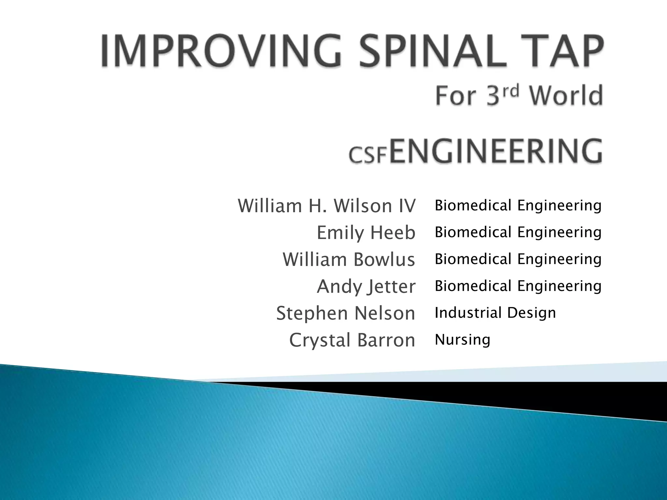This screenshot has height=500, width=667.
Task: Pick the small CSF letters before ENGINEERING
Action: [x=368, y=155]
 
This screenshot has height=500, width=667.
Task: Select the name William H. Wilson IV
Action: [x=327, y=206]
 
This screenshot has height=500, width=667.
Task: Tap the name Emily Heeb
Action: [x=366, y=233]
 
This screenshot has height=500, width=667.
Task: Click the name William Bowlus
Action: [x=349, y=259]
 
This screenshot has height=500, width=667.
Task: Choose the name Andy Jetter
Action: [x=366, y=286]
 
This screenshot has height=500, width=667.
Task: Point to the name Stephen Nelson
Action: [x=346, y=313]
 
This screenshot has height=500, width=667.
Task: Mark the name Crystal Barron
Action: [x=352, y=340]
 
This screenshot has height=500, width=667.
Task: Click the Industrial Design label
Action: [x=495, y=313]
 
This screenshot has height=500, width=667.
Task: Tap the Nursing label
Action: [x=462, y=340]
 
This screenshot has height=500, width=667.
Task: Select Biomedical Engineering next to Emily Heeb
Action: [x=518, y=232]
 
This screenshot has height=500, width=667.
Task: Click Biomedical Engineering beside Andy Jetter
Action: [x=518, y=286]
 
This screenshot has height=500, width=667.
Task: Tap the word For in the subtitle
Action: [x=457, y=96]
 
